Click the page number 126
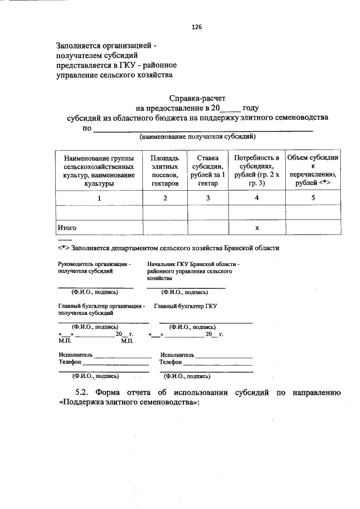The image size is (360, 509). (x=196, y=27)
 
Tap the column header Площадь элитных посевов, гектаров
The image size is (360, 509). (x=165, y=171)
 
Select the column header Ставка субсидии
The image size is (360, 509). (x=208, y=171)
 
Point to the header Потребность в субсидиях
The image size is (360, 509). (x=256, y=171)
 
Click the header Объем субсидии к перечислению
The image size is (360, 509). (x=312, y=171)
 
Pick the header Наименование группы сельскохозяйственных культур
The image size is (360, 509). (x=99, y=171)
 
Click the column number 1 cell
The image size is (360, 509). (x=99, y=198)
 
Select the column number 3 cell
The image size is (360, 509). (x=208, y=198)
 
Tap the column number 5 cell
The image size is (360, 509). (x=312, y=198)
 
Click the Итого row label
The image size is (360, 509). (x=67, y=228)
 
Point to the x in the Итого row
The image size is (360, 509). (x=256, y=228)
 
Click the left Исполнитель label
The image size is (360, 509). (x=75, y=355)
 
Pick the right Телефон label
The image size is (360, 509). (x=171, y=363)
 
